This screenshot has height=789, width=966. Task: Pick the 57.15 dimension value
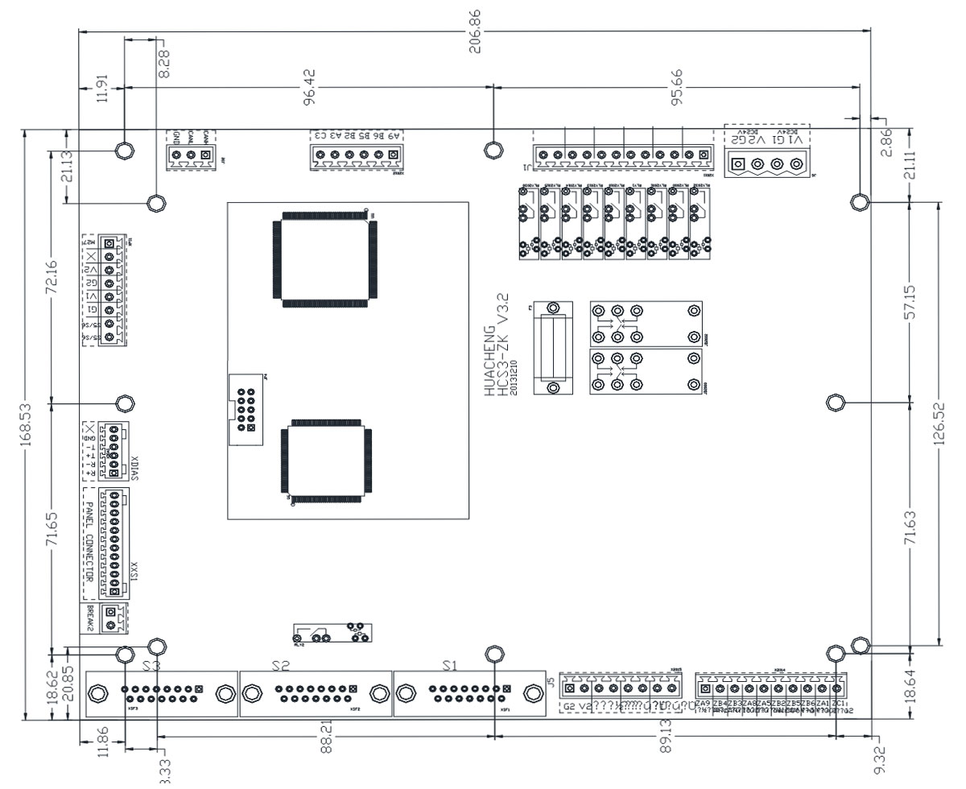point(910,300)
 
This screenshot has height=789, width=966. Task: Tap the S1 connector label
point(451,666)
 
